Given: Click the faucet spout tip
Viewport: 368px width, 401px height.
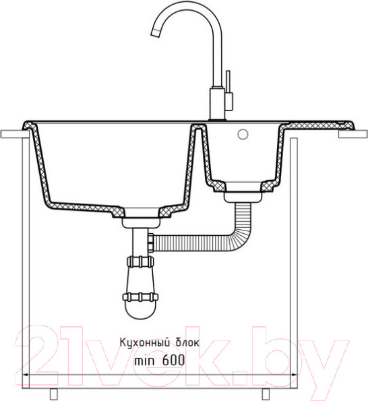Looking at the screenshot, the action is tap(155, 33).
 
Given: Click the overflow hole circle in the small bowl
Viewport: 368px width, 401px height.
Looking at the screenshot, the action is tap(243, 134).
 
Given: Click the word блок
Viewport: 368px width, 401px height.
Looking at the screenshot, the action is tap(187, 342).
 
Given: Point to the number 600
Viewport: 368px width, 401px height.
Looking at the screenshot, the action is tap(173, 361).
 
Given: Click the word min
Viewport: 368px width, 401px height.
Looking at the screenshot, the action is tap(144, 361).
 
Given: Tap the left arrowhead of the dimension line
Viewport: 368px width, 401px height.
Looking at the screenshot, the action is tap(26, 375).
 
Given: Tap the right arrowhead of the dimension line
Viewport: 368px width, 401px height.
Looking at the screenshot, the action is tap(294, 375).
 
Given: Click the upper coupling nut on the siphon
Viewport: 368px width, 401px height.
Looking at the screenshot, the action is tap(140, 261).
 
